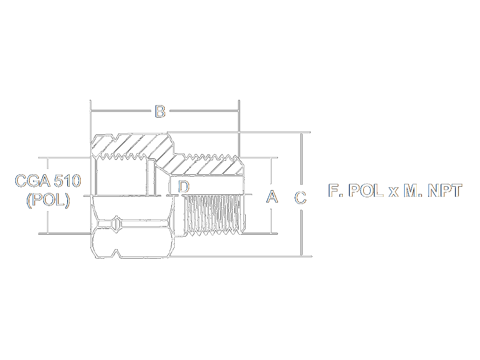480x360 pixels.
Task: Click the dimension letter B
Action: [160, 111]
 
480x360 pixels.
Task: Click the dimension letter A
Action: [272, 196]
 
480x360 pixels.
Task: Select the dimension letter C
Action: [300, 197]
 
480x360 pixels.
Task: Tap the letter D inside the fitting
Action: [184, 186]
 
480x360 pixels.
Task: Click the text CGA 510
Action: [48, 181]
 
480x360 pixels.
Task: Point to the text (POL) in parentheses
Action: [48, 201]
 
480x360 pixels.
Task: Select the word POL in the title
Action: [366, 191]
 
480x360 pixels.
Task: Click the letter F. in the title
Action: [336, 191]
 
